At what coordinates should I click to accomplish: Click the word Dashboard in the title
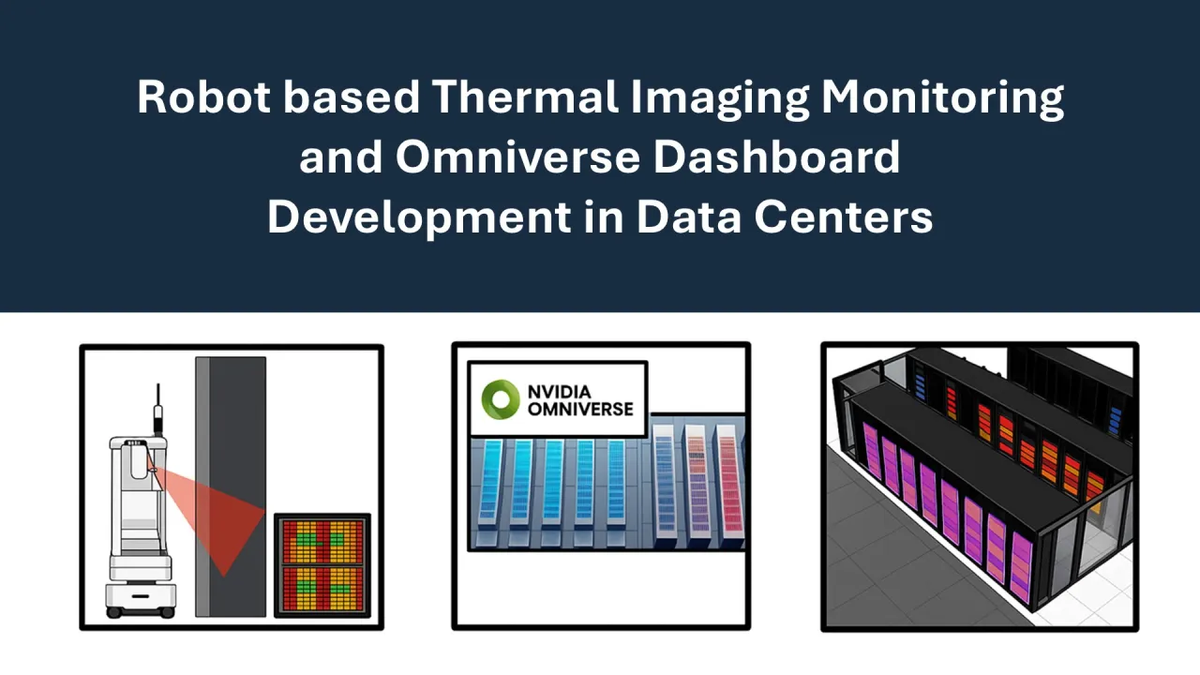[x=776, y=157]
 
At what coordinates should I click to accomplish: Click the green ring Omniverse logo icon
[x=500, y=398]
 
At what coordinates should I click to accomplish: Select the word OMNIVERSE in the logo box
[x=579, y=409]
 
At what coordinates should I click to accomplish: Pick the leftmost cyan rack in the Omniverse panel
[x=490, y=483]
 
